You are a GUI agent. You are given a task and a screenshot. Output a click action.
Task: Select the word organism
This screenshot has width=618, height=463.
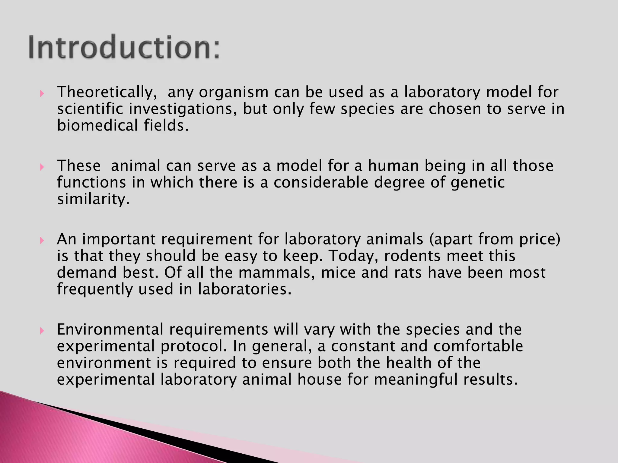click(234, 92)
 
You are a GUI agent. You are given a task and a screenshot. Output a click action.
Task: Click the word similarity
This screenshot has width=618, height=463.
click(93, 199)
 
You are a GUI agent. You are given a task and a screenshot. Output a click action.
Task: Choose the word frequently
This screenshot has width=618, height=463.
click(95, 289)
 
